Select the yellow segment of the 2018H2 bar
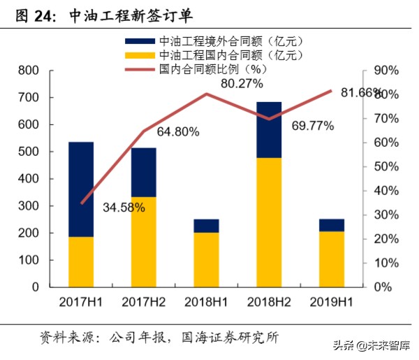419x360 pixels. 270,222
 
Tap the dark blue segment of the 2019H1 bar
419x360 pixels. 332,225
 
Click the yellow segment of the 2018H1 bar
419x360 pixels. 207,259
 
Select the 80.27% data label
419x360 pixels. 242,84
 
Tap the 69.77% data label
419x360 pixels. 312,126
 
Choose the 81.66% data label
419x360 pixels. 362,92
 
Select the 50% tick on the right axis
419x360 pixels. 385,166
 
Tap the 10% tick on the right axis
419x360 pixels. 385,263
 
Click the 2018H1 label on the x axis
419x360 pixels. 207,301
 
